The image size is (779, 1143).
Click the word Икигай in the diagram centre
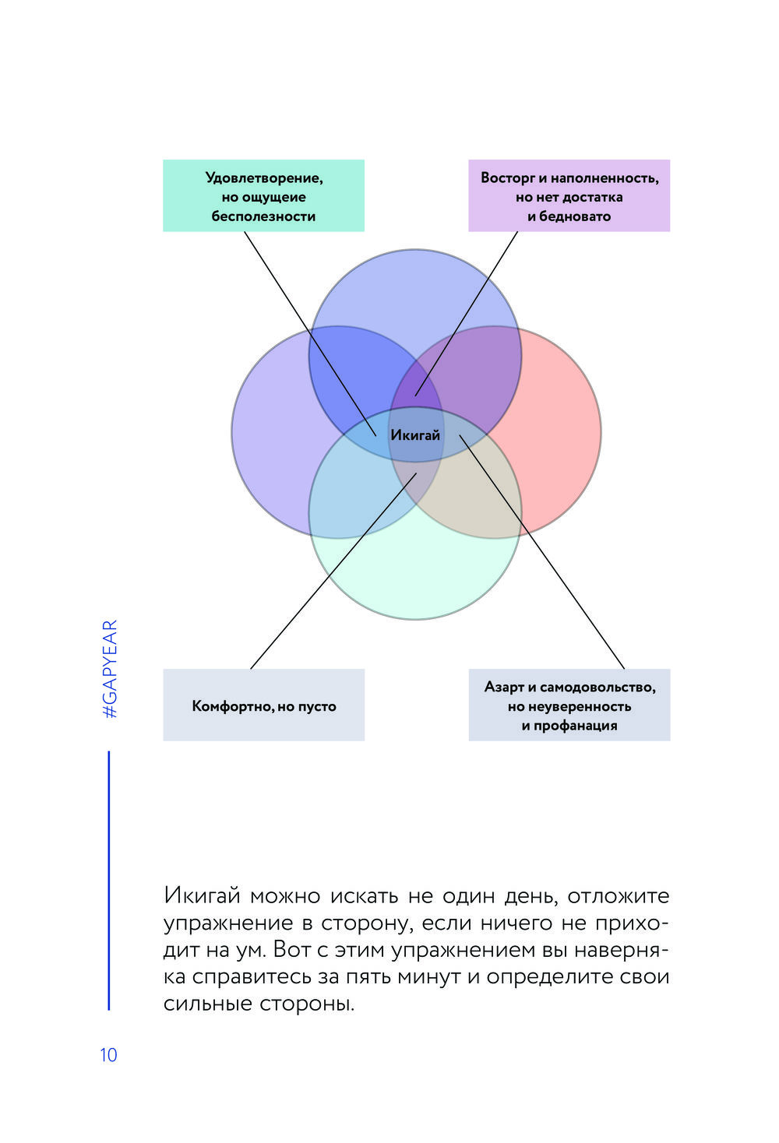pyautogui.click(x=415, y=435)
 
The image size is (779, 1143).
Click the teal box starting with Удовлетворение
pyautogui.click(x=263, y=195)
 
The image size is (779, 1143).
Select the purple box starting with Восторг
pyautogui.click(x=569, y=195)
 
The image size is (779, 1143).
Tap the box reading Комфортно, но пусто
pyautogui.click(x=263, y=705)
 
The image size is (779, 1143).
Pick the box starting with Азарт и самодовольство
pyautogui.click(x=569, y=705)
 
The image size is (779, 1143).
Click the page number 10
pyautogui.click(x=108, y=1055)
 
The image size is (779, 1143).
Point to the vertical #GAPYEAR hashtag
pyautogui.click(x=110, y=669)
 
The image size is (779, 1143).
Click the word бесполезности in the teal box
pyautogui.click(x=263, y=216)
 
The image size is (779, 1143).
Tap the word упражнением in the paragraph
pyautogui.click(x=479, y=951)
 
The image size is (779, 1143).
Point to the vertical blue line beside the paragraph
pyautogui.click(x=108, y=880)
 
